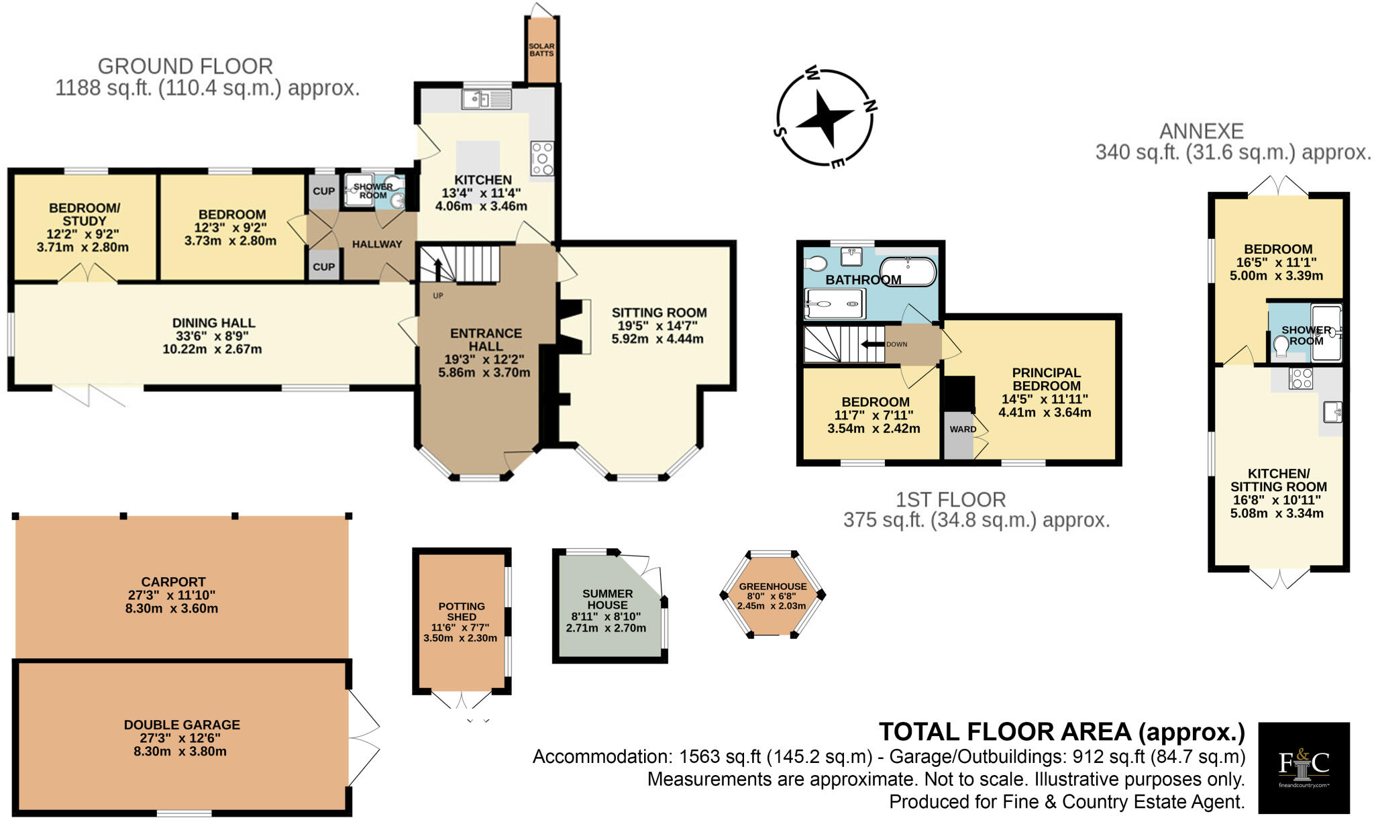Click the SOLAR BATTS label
[x=541, y=50]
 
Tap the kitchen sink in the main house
[x=486, y=100]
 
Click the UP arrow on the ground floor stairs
[x=437, y=270]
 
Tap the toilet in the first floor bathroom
[x=815, y=263]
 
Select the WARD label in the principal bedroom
[x=963, y=429]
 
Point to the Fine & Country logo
[x=1303, y=767]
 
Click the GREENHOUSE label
[x=773, y=586]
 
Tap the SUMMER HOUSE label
[x=607, y=599]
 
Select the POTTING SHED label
[x=462, y=611]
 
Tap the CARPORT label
[x=173, y=582]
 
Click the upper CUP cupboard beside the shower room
[x=324, y=191]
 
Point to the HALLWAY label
[x=377, y=244]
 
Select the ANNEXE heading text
[x=1202, y=131]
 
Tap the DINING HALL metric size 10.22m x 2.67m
[x=212, y=350]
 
